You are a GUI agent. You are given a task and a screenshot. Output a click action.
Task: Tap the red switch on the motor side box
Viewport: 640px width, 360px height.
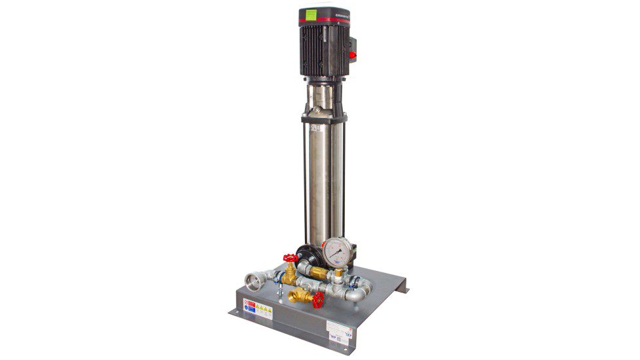(x=353, y=55)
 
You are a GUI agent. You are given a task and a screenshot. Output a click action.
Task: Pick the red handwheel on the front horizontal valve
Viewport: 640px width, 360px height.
(x=318, y=300)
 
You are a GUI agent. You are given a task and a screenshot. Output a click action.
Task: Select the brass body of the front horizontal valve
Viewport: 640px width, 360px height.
(x=302, y=295)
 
